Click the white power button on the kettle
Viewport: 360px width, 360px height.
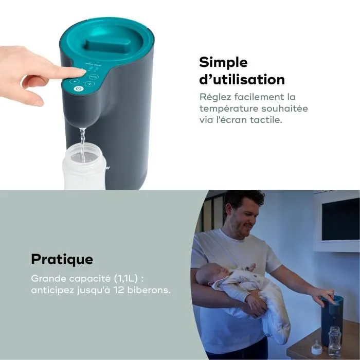pos(78,89)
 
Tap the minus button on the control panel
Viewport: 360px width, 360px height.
pos(75,81)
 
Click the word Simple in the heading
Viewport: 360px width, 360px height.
pos(223,62)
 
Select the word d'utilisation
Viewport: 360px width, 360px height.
pos(242,80)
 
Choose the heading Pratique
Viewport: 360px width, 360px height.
pos(62,259)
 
